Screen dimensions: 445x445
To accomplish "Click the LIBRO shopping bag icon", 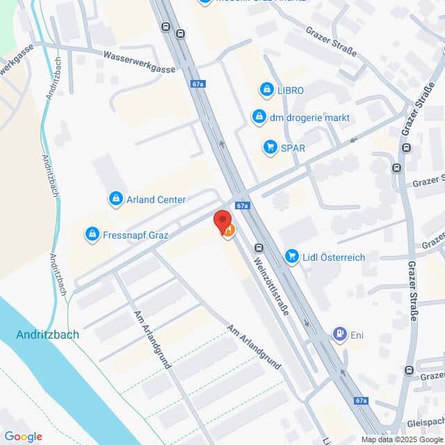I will (266, 90).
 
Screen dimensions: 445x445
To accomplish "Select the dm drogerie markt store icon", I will (259, 117).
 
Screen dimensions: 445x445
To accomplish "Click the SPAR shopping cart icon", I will (270, 147).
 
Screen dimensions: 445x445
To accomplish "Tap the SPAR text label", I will (293, 147).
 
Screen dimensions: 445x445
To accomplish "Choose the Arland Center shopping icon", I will (116, 200).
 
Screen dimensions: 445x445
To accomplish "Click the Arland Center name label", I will (156, 200).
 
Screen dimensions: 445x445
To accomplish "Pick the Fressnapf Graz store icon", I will (91, 235).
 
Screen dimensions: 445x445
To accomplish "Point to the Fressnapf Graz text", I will (136, 235).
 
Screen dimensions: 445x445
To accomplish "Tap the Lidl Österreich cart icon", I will (292, 257).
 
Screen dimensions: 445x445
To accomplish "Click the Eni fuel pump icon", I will (340, 335).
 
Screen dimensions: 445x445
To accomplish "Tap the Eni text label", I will (357, 336).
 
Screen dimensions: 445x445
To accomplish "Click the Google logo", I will (23, 437).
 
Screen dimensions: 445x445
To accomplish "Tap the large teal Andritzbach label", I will (47, 334).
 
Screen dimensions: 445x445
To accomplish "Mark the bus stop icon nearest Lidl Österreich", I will (259, 248).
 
